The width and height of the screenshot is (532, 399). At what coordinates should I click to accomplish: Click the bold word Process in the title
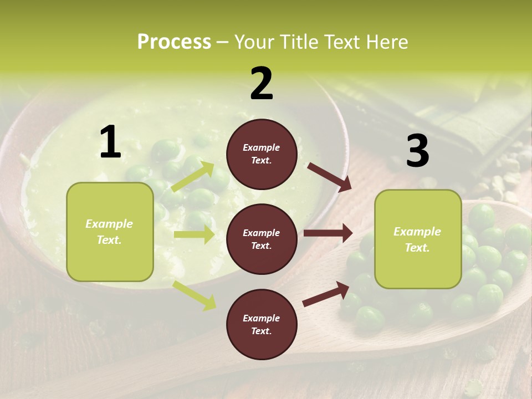[174, 42]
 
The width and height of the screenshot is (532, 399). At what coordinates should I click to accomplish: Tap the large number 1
[110, 142]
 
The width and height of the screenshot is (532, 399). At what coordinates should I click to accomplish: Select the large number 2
[262, 84]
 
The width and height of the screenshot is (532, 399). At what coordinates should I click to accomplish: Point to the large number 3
[417, 151]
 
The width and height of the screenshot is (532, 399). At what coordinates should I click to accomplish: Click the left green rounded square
[110, 232]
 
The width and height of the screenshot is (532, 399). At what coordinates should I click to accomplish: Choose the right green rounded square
[418, 239]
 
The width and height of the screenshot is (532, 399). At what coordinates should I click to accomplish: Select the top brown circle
[262, 154]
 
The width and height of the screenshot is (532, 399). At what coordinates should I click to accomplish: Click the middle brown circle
[262, 239]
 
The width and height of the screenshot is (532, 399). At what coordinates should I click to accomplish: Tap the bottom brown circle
[262, 324]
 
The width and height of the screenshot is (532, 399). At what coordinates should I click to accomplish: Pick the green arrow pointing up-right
[193, 177]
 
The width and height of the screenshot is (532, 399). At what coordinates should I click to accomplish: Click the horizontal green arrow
[194, 234]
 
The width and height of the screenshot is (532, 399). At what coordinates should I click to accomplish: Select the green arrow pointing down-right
[195, 295]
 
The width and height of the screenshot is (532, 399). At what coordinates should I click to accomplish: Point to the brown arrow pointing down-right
[330, 177]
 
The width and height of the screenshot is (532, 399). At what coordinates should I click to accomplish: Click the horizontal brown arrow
[328, 233]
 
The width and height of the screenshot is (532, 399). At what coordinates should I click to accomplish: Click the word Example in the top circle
[262, 147]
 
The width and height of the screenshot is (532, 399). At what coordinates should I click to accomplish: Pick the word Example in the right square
[417, 232]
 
